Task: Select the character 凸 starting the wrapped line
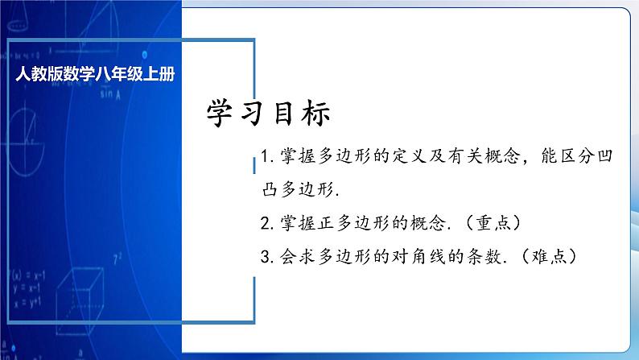pos(257,190)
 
